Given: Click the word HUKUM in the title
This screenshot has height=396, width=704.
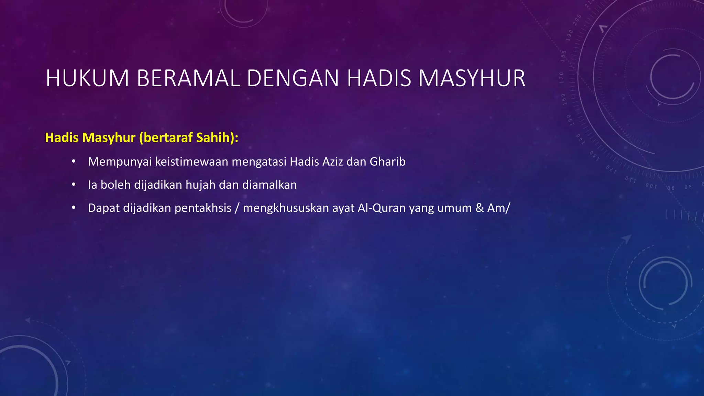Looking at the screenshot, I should [x=87, y=79].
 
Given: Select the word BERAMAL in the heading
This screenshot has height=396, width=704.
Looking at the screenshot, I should [x=188, y=79].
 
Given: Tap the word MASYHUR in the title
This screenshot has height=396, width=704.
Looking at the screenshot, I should [x=472, y=79].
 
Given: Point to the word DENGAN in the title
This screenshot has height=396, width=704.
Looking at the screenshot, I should [x=293, y=79].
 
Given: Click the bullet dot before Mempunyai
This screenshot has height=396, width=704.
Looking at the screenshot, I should [x=74, y=162].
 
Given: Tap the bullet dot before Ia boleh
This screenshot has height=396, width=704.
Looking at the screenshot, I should [x=74, y=185].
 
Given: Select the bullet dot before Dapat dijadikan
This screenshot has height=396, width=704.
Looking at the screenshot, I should [x=74, y=208].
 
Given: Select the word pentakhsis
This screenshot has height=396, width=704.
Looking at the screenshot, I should [x=203, y=208].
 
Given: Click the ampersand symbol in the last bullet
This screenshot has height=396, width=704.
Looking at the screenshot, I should [x=480, y=208].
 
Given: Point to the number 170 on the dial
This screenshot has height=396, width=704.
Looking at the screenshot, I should [x=561, y=78].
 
